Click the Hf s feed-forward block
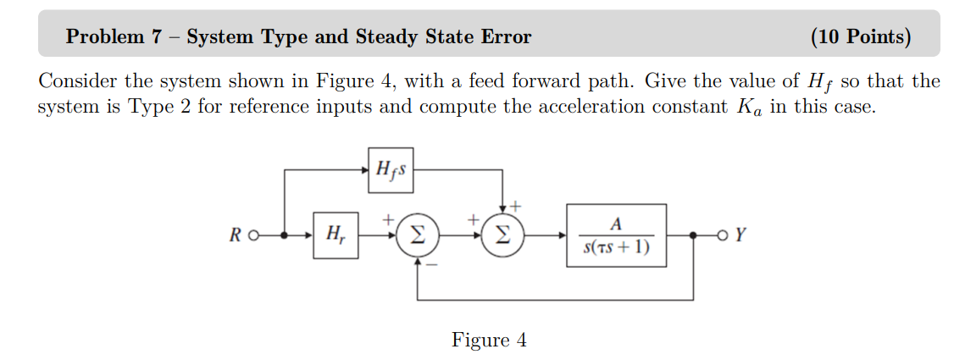[391, 169]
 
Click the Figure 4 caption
[489, 341]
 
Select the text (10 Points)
[861, 36]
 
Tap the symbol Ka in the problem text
[749, 108]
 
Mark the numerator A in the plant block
[616, 224]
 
